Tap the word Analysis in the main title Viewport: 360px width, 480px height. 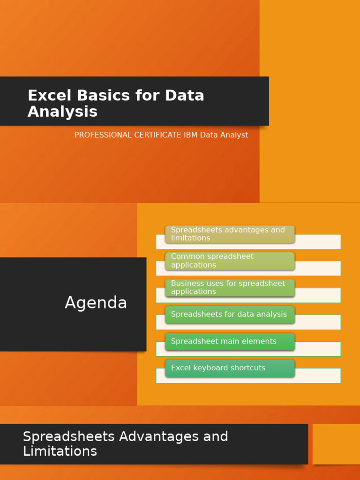tap(62, 112)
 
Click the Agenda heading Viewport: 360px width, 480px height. tap(96, 303)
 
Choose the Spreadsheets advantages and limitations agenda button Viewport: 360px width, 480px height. tap(230, 234)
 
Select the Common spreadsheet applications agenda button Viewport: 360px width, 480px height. tap(230, 261)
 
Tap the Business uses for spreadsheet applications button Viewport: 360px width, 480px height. tap(230, 287)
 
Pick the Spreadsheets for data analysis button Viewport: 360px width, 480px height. tap(230, 315)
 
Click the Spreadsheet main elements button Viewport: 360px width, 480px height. tap(230, 341)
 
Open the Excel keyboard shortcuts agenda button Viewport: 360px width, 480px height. tap(230, 368)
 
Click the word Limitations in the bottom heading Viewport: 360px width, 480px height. tap(60, 451)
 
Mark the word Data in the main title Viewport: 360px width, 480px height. tap(185, 96)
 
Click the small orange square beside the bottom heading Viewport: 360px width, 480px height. tap(336, 444)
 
